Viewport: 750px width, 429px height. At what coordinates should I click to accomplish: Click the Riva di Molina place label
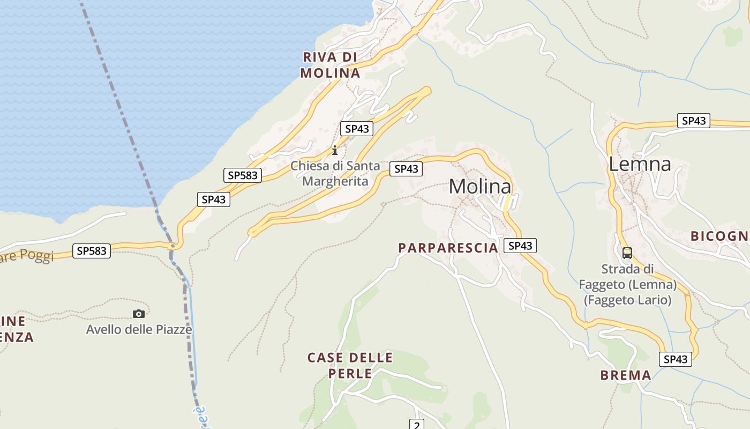pyautogui.click(x=330, y=65)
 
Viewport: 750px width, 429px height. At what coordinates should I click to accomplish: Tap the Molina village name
pyautogui.click(x=479, y=187)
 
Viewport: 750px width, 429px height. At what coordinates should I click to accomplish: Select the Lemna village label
pyautogui.click(x=640, y=164)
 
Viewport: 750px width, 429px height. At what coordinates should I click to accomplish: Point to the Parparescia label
pyautogui.click(x=448, y=248)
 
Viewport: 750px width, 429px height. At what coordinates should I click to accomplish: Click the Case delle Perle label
pyautogui.click(x=350, y=365)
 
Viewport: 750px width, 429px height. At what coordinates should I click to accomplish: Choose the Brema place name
pyautogui.click(x=626, y=375)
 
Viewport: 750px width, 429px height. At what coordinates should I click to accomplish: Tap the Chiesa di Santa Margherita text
pyautogui.click(x=335, y=174)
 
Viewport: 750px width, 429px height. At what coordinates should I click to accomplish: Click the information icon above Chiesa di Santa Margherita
pyautogui.click(x=335, y=150)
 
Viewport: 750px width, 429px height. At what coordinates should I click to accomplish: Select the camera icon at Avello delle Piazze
pyautogui.click(x=139, y=314)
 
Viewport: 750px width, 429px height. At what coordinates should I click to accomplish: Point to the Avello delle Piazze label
pyautogui.click(x=139, y=329)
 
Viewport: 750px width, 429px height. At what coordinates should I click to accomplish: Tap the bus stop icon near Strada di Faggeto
pyautogui.click(x=627, y=253)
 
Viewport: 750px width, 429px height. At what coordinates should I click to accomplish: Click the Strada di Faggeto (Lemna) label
pyautogui.click(x=627, y=284)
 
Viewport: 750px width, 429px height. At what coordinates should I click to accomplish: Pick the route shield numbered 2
pyautogui.click(x=417, y=425)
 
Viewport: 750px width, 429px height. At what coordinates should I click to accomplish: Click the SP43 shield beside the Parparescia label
pyautogui.click(x=520, y=246)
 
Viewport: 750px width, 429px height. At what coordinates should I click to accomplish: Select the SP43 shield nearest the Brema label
pyautogui.click(x=675, y=359)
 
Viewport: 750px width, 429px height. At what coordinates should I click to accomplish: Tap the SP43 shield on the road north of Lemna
pyautogui.click(x=693, y=121)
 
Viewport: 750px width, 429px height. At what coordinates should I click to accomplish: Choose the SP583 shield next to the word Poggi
pyautogui.click(x=92, y=250)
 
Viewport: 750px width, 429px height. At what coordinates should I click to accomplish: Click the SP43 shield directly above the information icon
pyautogui.click(x=357, y=129)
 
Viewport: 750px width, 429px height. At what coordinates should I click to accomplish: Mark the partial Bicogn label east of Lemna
pyautogui.click(x=719, y=236)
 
